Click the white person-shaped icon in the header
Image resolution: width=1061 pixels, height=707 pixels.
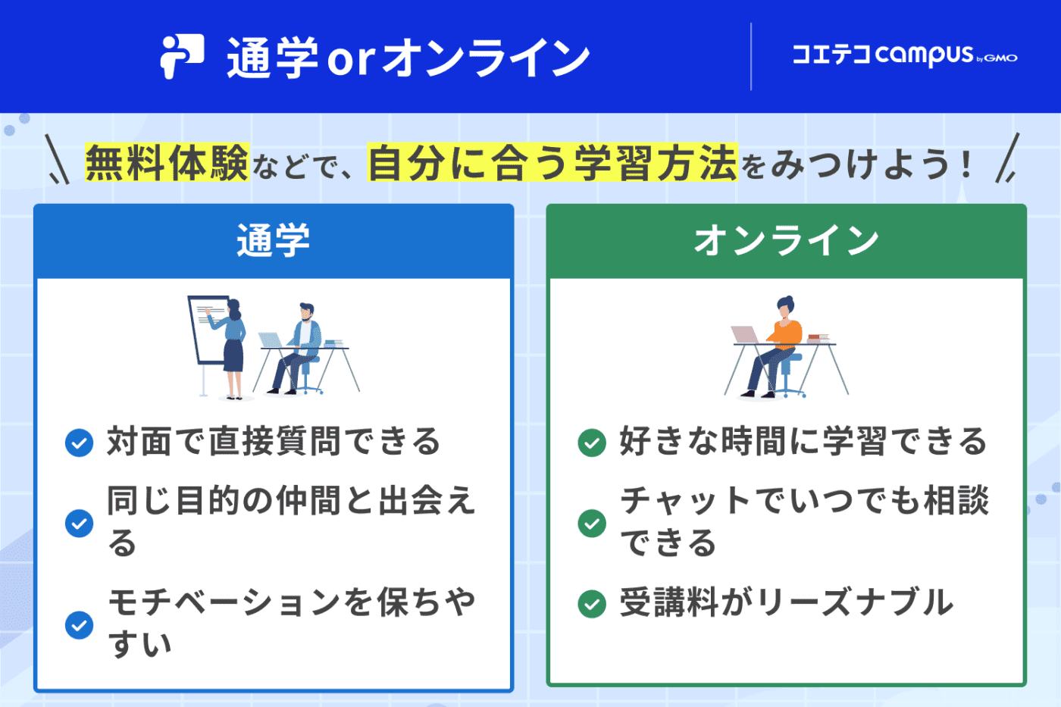182,56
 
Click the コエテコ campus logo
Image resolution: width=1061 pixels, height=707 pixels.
904,55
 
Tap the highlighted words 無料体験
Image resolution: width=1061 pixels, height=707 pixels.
167,163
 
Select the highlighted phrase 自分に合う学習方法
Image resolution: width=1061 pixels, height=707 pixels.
552,163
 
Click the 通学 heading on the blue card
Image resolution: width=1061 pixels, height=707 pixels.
274,241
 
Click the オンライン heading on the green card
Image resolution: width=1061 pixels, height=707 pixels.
786,241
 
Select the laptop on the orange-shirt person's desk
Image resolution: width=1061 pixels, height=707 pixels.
744,335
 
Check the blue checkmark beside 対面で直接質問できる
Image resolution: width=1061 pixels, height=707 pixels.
79,443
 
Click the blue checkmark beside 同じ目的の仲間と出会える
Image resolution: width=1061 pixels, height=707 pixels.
79,523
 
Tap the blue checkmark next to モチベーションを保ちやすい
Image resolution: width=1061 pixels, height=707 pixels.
79,625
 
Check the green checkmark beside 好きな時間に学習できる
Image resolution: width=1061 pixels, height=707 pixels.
592,443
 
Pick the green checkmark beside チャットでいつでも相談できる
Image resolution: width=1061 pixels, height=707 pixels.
592,523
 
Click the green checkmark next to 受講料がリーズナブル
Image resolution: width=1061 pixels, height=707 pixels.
592,604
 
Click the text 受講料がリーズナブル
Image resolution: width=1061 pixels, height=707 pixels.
786,603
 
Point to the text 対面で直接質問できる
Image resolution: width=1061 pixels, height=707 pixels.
274,442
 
